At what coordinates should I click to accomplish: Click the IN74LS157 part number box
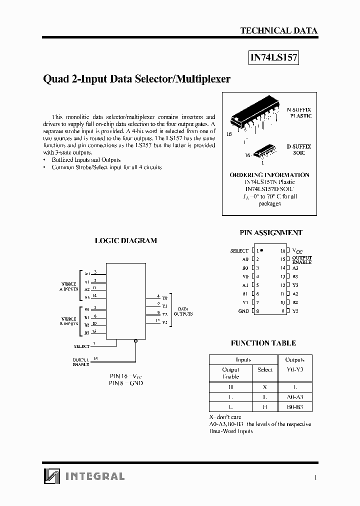pos(273,57)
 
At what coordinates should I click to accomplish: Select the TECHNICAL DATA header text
pos(278,30)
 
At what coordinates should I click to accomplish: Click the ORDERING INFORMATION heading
pos(269,175)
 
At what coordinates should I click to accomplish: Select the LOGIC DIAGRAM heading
pos(126,240)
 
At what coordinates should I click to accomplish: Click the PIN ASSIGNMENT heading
pos(271,232)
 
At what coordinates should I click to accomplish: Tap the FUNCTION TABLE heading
pos(263,343)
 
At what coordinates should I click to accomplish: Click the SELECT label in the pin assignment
pos(239,250)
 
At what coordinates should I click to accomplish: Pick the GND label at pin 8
pos(243,311)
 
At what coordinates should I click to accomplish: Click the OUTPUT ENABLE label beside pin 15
pos(302,260)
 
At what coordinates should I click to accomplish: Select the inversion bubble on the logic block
pos(135,342)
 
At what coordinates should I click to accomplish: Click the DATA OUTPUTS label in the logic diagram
pos(182,311)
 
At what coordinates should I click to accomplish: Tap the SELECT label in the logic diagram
pos(81,346)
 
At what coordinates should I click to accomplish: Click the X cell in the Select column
pos(264,386)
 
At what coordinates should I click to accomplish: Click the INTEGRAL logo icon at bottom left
pos(51,476)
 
